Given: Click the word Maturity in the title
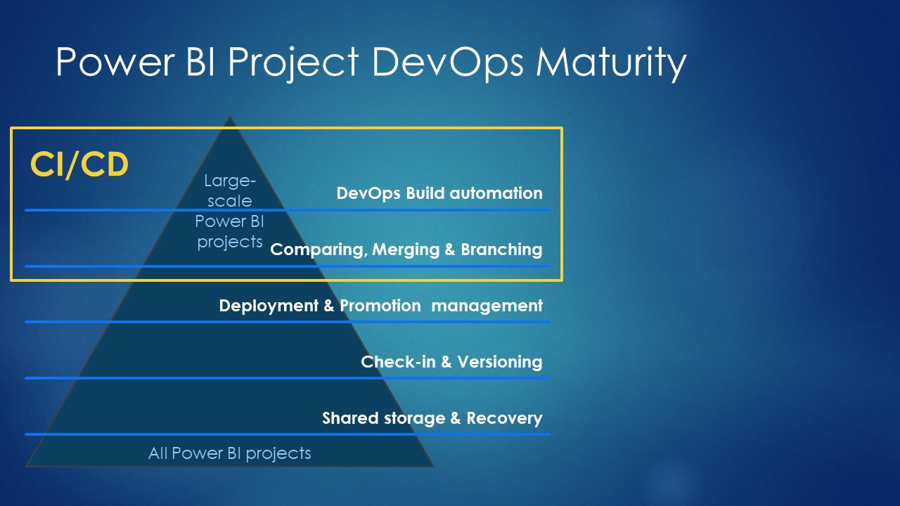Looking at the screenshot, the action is coord(611,63).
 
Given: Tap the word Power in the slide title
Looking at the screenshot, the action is coord(115,61).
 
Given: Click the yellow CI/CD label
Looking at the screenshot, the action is coord(79,164).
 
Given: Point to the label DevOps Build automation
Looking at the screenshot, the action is coord(439,193).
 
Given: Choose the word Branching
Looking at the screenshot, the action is coord(501,249).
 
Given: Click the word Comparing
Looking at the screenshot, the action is coord(319,249).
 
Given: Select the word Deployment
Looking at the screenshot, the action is coord(269,306).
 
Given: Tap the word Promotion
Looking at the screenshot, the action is coord(380,306).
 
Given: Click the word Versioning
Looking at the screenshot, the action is coord(500,362).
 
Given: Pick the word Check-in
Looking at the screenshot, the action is coord(398,362).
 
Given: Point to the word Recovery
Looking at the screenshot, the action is coord(504,418).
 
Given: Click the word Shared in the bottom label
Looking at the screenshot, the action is coord(350,418).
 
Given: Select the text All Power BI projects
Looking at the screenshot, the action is coord(229,454).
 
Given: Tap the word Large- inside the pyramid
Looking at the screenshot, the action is coord(230,181).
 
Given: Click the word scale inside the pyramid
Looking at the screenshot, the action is coord(230,201).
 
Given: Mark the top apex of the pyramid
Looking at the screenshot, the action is coord(229,116).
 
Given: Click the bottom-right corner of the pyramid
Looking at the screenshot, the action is coord(434,466).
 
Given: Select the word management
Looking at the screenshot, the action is coord(487,306).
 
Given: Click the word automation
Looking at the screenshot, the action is coord(496,193).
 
